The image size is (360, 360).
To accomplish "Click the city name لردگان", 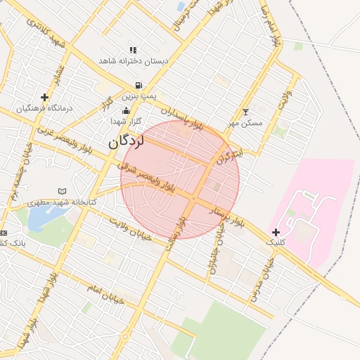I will [126, 141].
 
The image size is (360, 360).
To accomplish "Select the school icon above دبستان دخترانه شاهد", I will [132, 50].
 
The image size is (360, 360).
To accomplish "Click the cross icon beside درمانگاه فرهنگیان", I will [45, 98].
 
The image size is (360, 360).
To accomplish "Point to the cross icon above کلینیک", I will [276, 232].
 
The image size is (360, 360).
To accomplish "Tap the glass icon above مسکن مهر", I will [245, 112].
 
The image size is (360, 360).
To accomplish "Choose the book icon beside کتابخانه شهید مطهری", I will [62, 191].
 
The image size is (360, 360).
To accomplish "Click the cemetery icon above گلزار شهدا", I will [126, 110].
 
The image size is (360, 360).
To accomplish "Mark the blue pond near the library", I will [44, 219].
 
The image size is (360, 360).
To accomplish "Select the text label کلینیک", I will [276, 242].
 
